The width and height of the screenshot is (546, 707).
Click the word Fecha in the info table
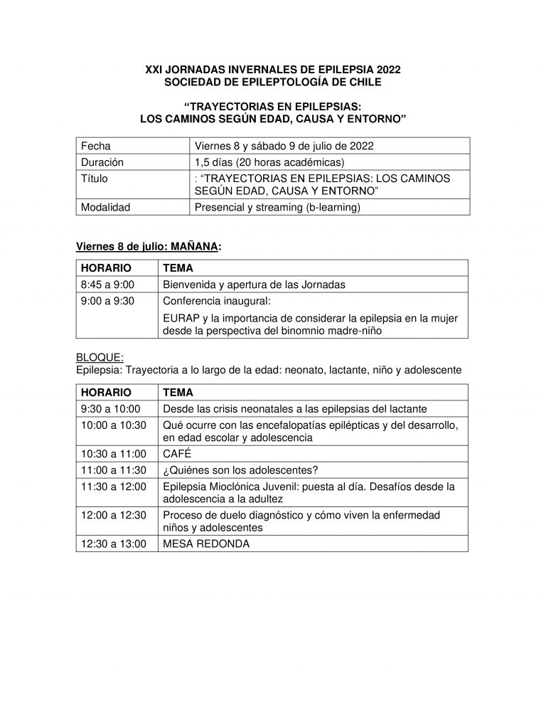click(x=96, y=146)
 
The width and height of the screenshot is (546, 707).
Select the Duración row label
click(x=102, y=162)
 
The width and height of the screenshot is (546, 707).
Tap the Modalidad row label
click(x=105, y=208)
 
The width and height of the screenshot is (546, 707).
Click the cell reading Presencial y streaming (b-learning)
click(x=278, y=208)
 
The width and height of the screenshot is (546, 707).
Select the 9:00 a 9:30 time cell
click(x=108, y=300)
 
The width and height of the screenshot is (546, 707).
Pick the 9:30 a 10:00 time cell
click(x=111, y=408)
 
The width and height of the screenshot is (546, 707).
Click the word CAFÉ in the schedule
click(x=178, y=453)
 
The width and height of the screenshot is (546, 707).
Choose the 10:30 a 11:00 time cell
click(x=114, y=453)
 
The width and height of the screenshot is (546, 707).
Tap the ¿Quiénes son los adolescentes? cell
click(x=239, y=469)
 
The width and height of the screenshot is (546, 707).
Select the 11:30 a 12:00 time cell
click(x=114, y=486)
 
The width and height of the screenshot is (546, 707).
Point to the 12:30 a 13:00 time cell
click(x=114, y=543)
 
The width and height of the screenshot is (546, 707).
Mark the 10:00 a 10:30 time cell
click(x=114, y=425)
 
